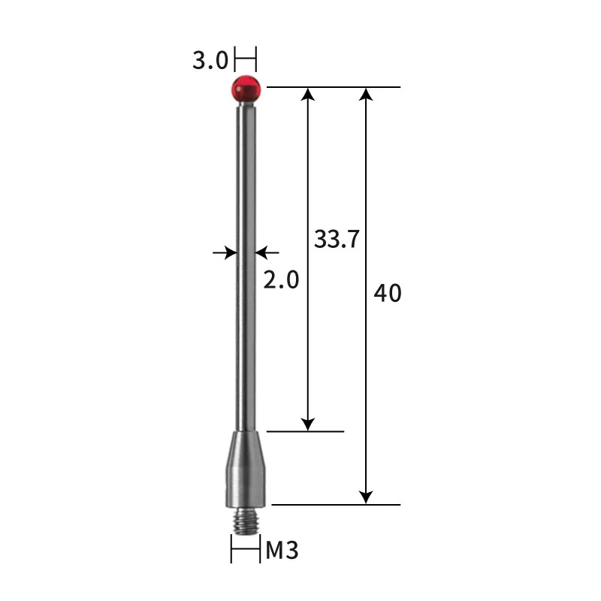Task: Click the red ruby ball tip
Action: [x=246, y=88]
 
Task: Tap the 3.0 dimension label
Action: [x=210, y=60]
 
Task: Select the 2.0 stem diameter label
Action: [x=281, y=279]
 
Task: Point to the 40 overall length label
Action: [x=388, y=293]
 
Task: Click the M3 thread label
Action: [x=282, y=551]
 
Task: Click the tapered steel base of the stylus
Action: [x=245, y=466]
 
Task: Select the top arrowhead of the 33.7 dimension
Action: [x=307, y=95]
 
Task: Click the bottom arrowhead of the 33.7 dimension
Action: [x=307, y=424]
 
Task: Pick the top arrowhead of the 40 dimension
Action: [x=366, y=95]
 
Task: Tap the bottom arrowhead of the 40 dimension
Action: [x=366, y=497]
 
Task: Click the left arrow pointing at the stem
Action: [x=226, y=252]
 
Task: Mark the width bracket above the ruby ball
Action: [x=246, y=57]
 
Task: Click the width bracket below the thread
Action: [x=245, y=551]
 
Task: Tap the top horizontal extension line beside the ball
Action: [x=334, y=87]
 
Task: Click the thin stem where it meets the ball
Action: [x=246, y=107]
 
